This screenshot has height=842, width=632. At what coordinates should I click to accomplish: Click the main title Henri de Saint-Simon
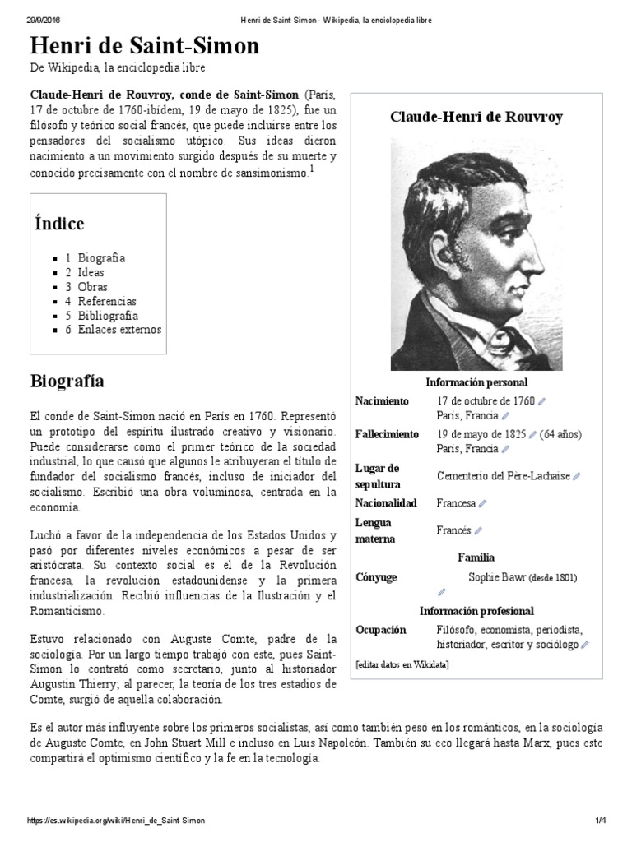pos(144,46)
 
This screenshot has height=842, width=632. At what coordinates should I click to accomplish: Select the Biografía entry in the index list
pos(101,258)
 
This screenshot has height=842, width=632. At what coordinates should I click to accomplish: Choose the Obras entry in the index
pos(92,287)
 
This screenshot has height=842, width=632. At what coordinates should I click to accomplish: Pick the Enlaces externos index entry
pos(119,330)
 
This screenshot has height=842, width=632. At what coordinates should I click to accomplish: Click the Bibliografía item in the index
pos(108,316)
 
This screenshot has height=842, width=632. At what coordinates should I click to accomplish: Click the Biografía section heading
pos(67,382)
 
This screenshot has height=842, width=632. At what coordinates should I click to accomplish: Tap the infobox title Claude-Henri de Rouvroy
pos(476,117)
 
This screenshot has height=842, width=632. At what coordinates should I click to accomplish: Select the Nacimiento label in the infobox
pos(381,401)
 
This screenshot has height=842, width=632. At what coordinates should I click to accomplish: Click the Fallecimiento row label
pos(386,434)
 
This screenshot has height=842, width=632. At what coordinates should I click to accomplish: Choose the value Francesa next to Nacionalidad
pos(456,503)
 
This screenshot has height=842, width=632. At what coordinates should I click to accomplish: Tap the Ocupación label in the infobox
pos(380,630)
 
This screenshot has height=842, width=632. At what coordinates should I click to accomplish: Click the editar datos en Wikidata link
pos(402,664)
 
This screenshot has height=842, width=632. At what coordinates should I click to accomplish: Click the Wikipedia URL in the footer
pos(116,821)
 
